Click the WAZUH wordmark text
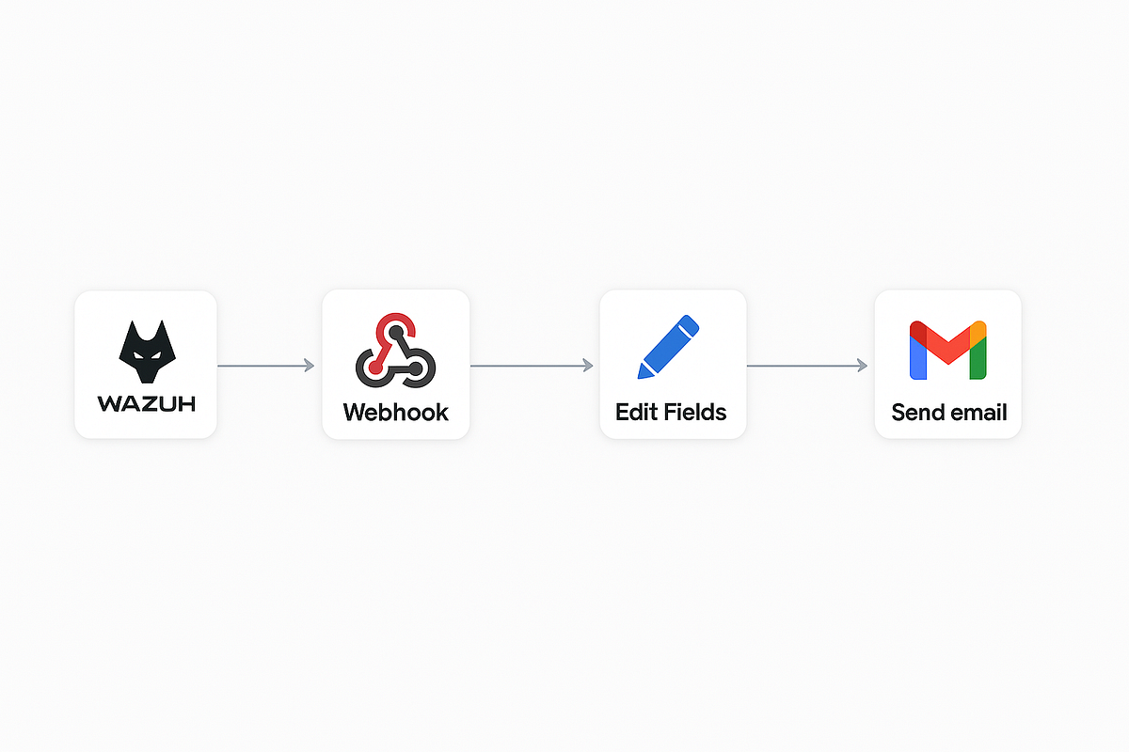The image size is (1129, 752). coord(146,404)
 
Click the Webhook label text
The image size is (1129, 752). coord(395,412)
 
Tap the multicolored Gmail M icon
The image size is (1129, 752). coord(947,350)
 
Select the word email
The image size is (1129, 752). coord(978,412)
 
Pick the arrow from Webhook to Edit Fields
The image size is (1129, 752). coord(532,365)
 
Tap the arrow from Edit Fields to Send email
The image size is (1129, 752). coord(806,365)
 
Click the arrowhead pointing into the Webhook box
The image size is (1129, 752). coord(310,365)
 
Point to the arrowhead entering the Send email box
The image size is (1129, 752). coord(862,365)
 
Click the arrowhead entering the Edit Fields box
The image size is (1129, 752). coord(588,365)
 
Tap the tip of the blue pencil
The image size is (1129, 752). coord(642,374)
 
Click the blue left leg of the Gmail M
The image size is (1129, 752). coord(918,357)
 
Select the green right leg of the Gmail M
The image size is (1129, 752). coord(978,357)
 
